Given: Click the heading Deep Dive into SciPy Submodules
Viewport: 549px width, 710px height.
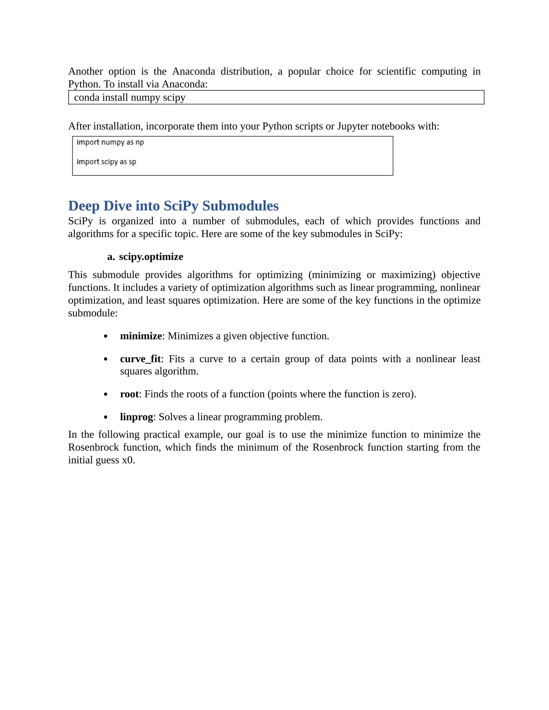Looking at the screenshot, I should click(173, 206).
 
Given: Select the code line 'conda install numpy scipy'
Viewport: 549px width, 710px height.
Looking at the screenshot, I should click(129, 98).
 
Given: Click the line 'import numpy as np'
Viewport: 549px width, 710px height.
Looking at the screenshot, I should click(110, 142).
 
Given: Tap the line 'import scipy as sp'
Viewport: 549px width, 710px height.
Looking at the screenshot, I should click(106, 162).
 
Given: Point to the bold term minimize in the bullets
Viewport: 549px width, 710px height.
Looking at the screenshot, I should click(141, 336).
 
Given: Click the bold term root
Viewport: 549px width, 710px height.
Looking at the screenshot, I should click(129, 394).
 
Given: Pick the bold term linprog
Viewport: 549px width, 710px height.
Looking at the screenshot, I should click(136, 417).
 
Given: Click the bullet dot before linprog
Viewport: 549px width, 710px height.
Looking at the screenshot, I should click(105, 417).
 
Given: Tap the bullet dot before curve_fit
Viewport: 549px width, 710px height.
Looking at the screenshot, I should click(105, 359).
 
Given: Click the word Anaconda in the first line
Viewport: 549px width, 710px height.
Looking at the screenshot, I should click(194, 71).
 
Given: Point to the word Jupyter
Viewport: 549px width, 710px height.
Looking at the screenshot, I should click(353, 126).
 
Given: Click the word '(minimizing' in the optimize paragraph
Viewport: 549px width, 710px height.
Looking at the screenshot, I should click(335, 275).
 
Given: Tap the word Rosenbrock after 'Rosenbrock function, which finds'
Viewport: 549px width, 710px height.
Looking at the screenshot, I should click(337, 447).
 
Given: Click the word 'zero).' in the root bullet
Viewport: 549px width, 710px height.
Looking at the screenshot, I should click(404, 394).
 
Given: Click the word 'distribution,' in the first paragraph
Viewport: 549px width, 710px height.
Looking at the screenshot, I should click(246, 71).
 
